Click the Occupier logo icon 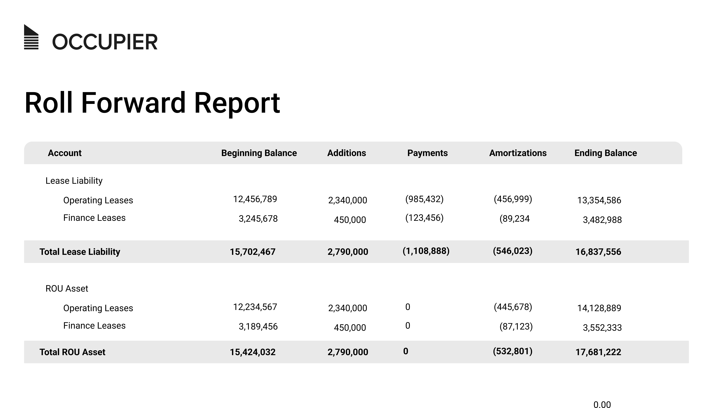pos(31,37)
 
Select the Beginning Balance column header pos(259,153)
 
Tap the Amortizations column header pos(518,153)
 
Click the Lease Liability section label pos(74,181)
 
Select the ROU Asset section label pos(67,289)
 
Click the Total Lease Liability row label pos(80,252)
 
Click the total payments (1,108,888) pos(426,251)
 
